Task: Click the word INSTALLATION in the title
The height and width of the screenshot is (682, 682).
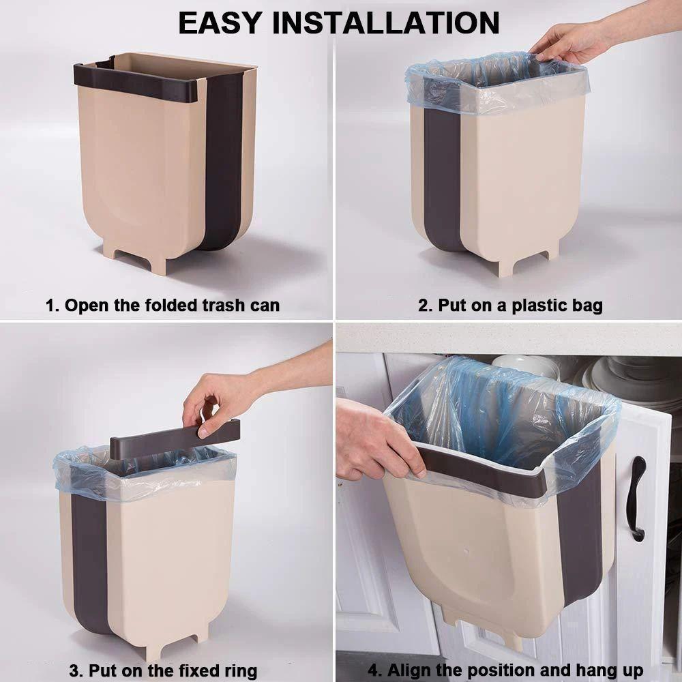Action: coord(387,23)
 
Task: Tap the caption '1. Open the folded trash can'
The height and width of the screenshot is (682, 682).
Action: coord(162,306)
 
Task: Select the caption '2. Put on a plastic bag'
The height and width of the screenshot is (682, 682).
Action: coord(510,306)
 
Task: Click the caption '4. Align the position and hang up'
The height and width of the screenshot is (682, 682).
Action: coord(506,670)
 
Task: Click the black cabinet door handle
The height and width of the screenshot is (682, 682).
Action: coord(637,498)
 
